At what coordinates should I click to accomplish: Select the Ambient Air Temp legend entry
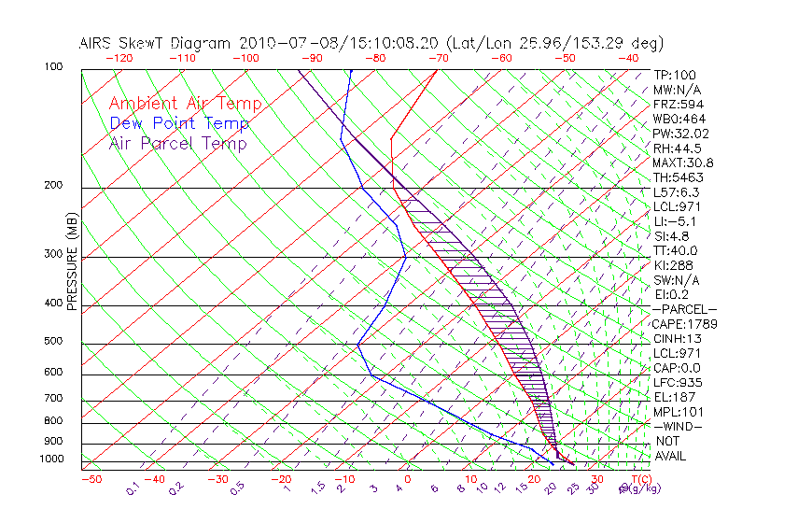(185, 104)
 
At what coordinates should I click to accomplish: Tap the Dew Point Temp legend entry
(179, 123)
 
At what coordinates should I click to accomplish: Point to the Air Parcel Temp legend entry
(177, 143)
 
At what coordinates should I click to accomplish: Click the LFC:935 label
(677, 382)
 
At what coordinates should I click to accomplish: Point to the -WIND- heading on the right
(679, 426)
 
